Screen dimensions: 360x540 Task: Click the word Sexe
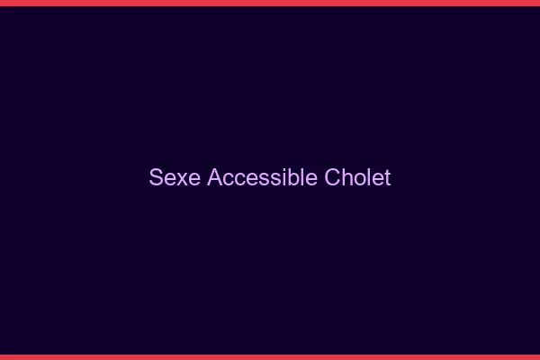coord(175,177)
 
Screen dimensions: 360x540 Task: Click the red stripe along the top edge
coord(270,3)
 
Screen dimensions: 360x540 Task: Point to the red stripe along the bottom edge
coord(270,356)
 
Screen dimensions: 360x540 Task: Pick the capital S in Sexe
coord(156,177)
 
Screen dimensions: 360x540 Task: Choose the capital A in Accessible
coord(214,177)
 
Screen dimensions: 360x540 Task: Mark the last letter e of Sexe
coord(193,178)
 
